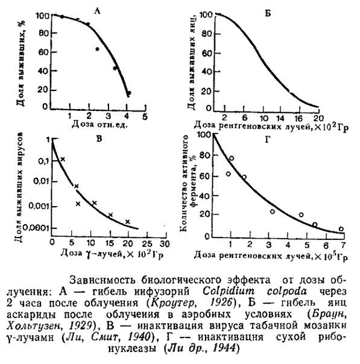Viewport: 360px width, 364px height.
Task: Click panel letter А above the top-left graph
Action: [x=97, y=11]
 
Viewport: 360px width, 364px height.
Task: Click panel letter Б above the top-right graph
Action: [x=268, y=14]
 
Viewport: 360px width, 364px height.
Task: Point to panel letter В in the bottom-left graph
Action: [x=99, y=139]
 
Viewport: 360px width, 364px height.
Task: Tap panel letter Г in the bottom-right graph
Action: [x=268, y=140]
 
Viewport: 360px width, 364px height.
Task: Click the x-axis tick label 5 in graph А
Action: [x=145, y=117]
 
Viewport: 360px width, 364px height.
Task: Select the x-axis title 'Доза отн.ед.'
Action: [x=100, y=125]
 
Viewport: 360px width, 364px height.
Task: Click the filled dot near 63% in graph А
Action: [x=97, y=49]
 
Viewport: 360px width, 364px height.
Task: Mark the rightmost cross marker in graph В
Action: [x=127, y=222]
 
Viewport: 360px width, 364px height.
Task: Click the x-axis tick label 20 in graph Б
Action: [x=318, y=118]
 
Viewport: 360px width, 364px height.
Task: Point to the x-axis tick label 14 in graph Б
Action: [x=280, y=118]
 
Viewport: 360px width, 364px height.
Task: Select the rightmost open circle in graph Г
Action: [x=341, y=229]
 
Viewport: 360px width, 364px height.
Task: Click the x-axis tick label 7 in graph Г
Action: [x=344, y=245]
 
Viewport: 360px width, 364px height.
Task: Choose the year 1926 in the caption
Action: [x=221, y=303]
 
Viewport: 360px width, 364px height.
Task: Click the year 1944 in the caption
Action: [x=224, y=348]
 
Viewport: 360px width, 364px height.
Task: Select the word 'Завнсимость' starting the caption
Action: [x=103, y=280]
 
